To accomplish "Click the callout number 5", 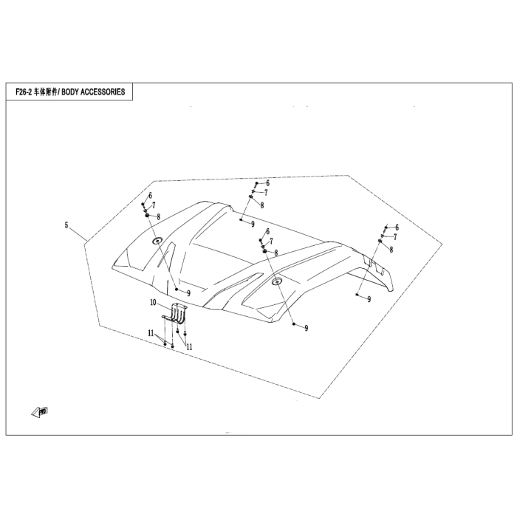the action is pos(66,225).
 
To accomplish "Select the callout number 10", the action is pos(153,302).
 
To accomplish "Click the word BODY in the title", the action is pos(70,92).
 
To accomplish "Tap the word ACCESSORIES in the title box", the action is pos(103,92).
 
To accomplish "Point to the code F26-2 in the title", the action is pos(24,92).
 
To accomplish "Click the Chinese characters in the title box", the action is pos(45,92).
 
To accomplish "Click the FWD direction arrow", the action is pos(40,412).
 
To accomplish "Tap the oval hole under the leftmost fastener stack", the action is pos(157,240).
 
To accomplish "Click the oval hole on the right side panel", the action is pos(276,281).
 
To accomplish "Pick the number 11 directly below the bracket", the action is pos(189,346).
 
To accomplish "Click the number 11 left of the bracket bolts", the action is pos(151,333).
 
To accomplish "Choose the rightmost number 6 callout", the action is pos(397,227).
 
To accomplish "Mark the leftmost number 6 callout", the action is pos(151,196).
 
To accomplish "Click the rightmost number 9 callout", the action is pos(369,299).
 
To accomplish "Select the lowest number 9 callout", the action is pos(307,328).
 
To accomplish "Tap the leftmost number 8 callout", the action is pos(159,217).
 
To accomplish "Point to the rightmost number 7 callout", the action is pos(395,237).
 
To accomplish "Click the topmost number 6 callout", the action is pos(267,182).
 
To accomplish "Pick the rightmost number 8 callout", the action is pos(391,250).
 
